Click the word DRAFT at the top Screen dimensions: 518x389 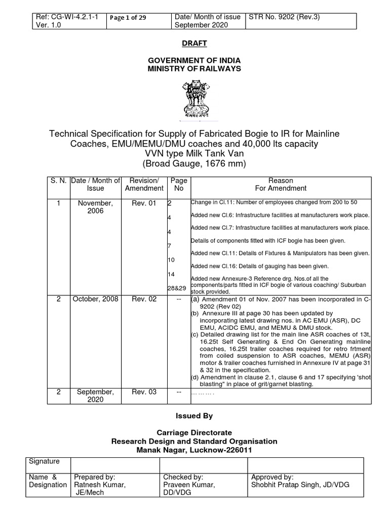click(x=194, y=44)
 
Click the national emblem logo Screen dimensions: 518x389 click(x=194, y=99)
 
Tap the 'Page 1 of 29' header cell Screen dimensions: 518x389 click(x=128, y=17)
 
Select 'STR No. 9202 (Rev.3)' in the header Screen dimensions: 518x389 click(x=284, y=17)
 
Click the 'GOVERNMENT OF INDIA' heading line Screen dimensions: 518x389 click(x=194, y=60)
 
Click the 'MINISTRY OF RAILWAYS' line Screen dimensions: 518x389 click(x=194, y=68)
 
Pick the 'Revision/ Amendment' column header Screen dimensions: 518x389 click(x=144, y=184)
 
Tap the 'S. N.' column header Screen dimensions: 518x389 click(x=58, y=181)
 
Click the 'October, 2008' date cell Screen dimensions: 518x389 click(x=95, y=299)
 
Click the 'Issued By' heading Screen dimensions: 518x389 click(x=194, y=416)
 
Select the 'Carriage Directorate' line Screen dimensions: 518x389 click(x=194, y=433)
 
